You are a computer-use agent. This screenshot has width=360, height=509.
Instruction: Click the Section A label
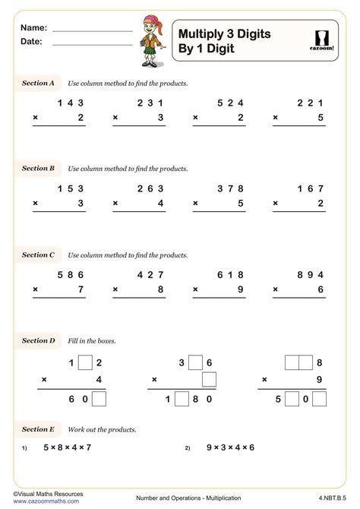(x=38, y=83)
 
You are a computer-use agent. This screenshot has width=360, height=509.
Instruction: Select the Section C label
(x=38, y=255)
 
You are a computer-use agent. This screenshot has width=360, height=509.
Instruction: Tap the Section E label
(x=38, y=429)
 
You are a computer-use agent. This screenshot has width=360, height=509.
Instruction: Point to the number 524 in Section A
(x=230, y=103)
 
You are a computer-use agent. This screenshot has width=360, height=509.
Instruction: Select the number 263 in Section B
(x=150, y=189)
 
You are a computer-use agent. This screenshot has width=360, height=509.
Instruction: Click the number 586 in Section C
(x=70, y=275)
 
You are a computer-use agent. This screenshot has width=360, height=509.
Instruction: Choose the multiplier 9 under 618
(x=241, y=289)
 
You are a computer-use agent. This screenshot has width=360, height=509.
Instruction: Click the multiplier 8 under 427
(x=160, y=289)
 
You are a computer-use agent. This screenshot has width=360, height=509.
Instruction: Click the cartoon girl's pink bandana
(x=149, y=21)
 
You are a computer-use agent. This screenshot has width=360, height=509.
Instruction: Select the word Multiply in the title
(x=201, y=33)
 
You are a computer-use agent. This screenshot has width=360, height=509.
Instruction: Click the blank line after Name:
(x=93, y=30)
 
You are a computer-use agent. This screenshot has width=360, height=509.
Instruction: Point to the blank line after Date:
(x=93, y=45)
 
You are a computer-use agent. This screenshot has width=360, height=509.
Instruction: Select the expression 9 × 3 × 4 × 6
(x=230, y=447)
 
